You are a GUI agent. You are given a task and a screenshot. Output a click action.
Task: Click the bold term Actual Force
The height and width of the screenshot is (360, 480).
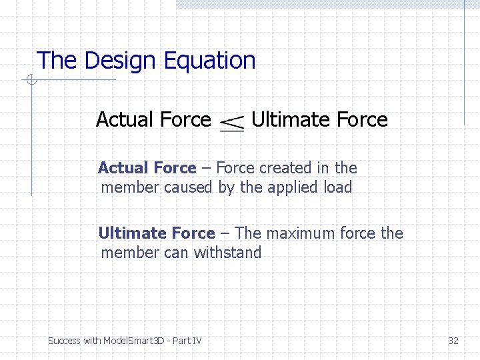point(147,168)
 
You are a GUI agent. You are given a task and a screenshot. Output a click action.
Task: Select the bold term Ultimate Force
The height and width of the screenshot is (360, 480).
point(157,233)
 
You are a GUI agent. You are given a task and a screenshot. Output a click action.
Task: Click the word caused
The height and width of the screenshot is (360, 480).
point(188,187)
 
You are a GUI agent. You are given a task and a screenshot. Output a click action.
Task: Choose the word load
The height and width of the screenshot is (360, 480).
point(338,187)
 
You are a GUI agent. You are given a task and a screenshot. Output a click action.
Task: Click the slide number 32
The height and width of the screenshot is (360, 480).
point(453,341)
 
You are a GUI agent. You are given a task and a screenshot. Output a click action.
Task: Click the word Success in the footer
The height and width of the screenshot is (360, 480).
point(64,341)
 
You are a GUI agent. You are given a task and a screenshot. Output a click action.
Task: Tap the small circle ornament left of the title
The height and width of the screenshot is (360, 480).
point(30,81)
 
